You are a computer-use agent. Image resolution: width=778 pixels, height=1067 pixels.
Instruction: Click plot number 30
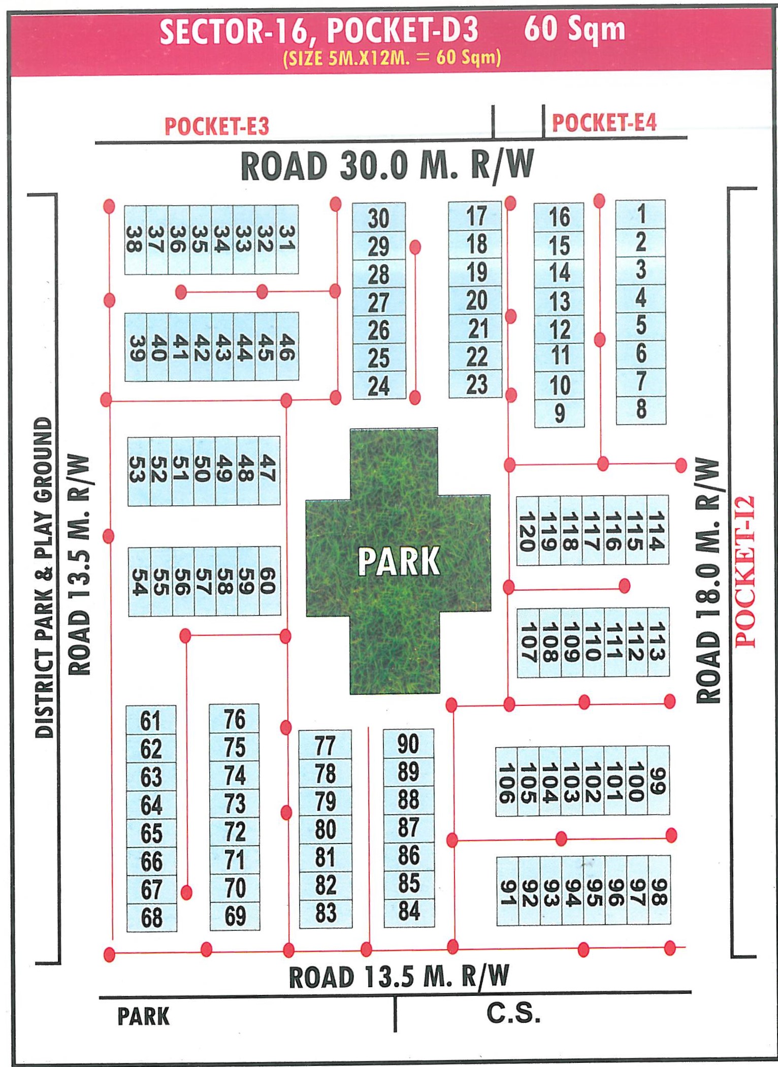pyautogui.click(x=379, y=218)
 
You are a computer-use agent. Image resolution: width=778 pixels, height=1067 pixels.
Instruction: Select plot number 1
pyautogui.click(x=641, y=214)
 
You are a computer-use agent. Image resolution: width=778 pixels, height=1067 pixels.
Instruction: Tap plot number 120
pyautogui.click(x=527, y=531)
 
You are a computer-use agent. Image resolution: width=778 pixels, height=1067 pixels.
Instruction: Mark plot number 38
pyautogui.click(x=135, y=240)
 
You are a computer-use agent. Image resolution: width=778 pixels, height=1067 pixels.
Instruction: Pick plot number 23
pyautogui.click(x=476, y=384)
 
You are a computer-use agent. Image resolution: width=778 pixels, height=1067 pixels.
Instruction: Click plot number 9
pyautogui.click(x=559, y=413)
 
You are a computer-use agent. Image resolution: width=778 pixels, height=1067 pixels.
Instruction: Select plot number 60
pyautogui.click(x=269, y=581)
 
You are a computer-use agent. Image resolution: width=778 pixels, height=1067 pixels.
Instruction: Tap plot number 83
pyautogui.click(x=326, y=913)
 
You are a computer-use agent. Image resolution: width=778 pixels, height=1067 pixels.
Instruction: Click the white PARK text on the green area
pyautogui.click(x=399, y=561)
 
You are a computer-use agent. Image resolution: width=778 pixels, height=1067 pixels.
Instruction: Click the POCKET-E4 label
pyautogui.click(x=604, y=122)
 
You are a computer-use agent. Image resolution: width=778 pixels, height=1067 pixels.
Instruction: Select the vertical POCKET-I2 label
pyautogui.click(x=745, y=571)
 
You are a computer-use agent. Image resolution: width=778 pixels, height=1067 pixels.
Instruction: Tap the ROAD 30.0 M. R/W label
pyautogui.click(x=387, y=166)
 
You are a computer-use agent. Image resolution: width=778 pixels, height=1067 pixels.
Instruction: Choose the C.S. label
pyautogui.click(x=513, y=1013)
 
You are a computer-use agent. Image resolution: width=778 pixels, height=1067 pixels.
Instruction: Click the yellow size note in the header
pyautogui.click(x=392, y=57)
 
